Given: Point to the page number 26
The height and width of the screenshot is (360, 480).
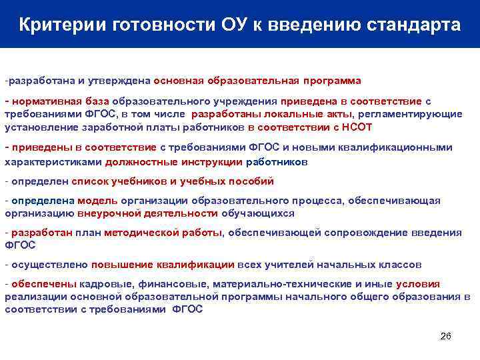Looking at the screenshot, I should coord(446,335).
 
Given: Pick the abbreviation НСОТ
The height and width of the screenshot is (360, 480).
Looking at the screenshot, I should coord(359,127).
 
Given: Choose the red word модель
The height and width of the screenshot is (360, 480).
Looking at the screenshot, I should coord(97,201).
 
